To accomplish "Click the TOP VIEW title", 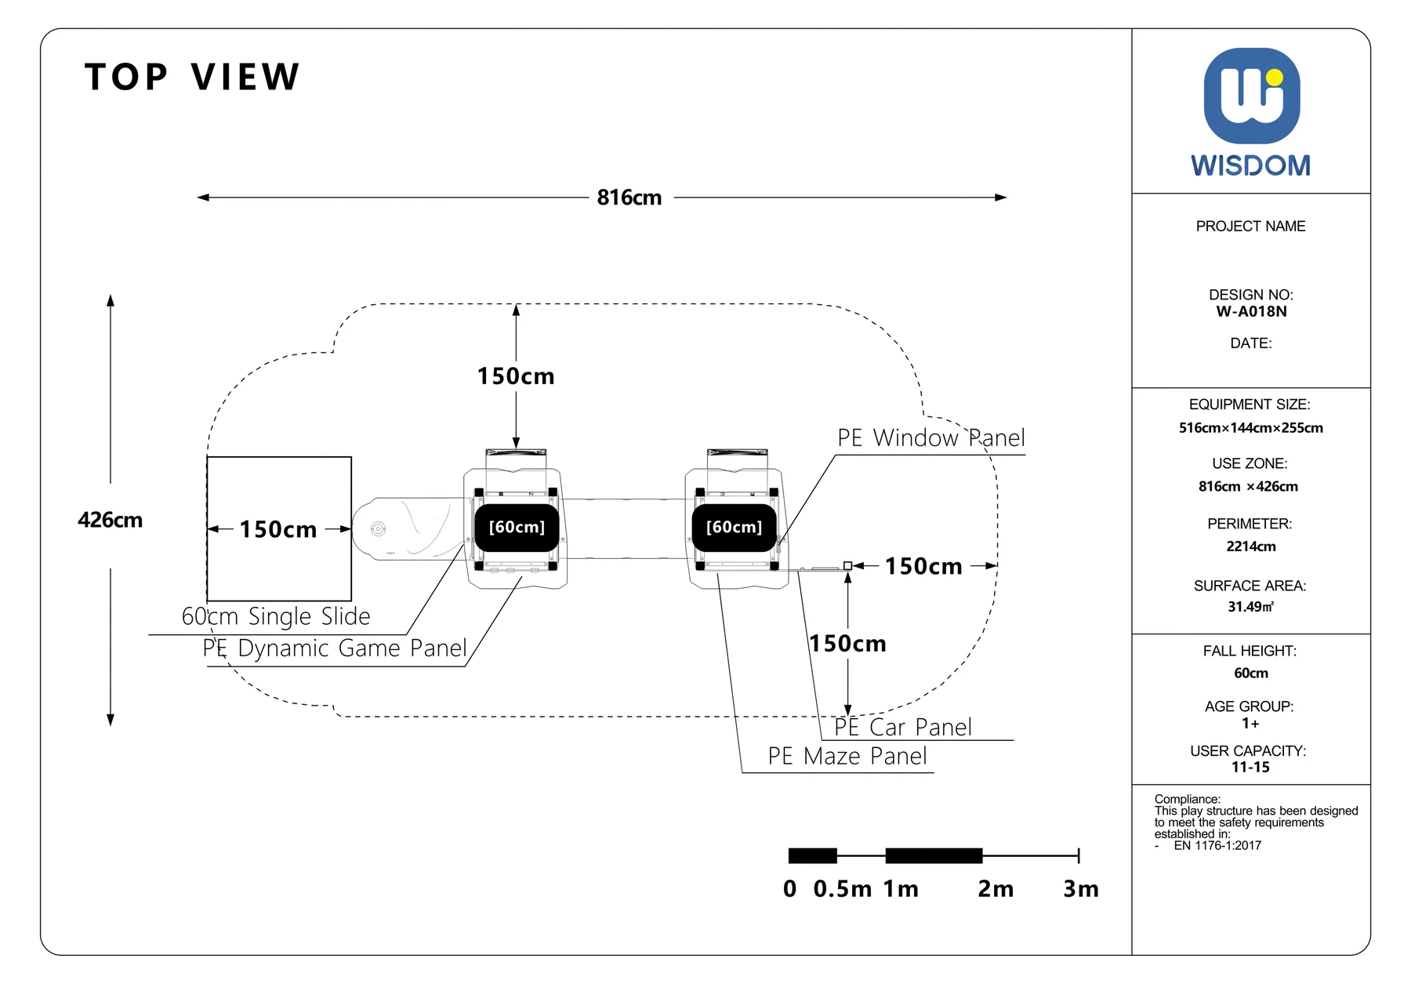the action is pos(192,77).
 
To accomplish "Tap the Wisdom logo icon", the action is pos(1252,96).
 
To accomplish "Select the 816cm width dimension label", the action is pos(629,198).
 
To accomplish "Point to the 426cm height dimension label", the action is pos(111,520).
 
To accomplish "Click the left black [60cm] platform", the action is pos(517,528).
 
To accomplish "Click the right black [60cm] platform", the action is pos(734,528).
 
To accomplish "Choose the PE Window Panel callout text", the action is pos(931,438).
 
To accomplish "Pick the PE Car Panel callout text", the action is pos(903,727).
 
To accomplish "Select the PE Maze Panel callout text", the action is pos(847,756).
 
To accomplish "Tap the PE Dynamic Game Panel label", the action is pos(335,648).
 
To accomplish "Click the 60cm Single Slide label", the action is pos(276,616).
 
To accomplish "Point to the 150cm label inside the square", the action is pos(278,529).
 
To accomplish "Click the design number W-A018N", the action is pos(1251,311).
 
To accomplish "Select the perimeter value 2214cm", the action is pos(1251,546).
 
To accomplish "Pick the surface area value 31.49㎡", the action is pos(1251,607).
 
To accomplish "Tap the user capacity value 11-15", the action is pos(1250,767).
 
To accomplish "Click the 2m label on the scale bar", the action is pos(996,889).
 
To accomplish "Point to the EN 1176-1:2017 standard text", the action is pos(1217,845).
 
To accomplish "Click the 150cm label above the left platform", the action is pos(516,376).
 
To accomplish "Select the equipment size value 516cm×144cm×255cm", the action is pos(1251,428).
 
